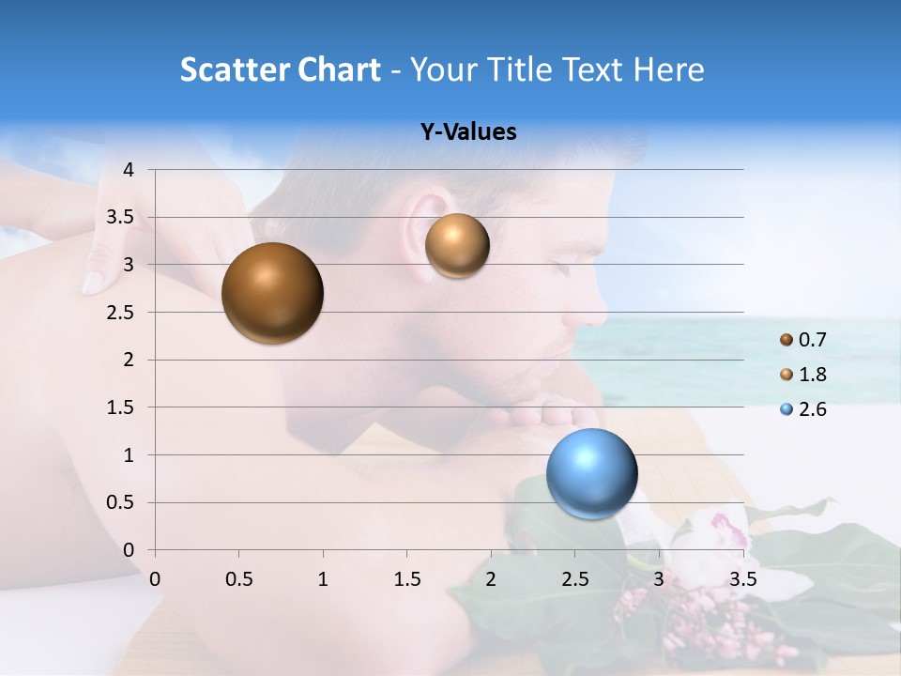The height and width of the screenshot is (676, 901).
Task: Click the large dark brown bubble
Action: pyautogui.click(x=272, y=293)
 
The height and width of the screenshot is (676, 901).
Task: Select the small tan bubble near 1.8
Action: pyautogui.click(x=457, y=245)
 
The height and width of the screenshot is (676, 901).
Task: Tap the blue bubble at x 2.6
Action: pyautogui.click(x=592, y=473)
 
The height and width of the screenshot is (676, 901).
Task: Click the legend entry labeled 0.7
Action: pyautogui.click(x=804, y=340)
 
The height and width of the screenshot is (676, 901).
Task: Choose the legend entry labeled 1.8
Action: pyautogui.click(x=804, y=375)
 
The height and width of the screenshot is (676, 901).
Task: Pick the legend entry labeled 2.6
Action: pyautogui.click(x=804, y=409)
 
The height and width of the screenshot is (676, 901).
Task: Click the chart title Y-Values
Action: pyautogui.click(x=467, y=132)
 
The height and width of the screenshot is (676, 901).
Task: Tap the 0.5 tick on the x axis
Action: pyautogui.click(x=238, y=578)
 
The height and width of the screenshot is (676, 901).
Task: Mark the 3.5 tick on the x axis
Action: pyautogui.click(x=742, y=578)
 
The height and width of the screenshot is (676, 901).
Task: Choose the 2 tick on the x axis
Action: pyautogui.click(x=491, y=578)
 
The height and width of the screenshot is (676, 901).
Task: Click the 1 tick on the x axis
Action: pyautogui.click(x=323, y=578)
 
